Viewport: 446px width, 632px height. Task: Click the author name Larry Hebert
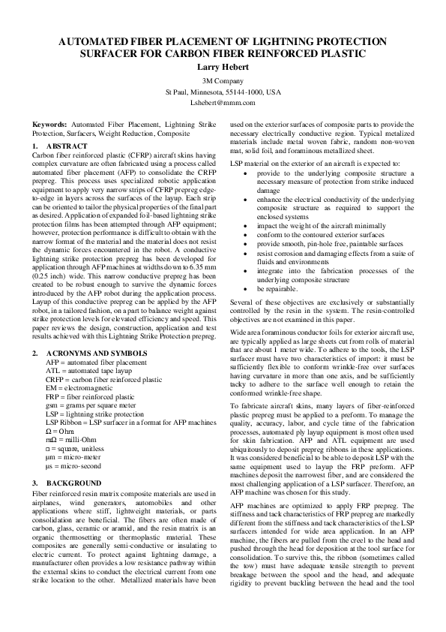pos(223,68)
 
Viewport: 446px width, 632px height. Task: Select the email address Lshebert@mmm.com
pos(223,102)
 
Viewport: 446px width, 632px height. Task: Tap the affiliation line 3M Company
pos(223,80)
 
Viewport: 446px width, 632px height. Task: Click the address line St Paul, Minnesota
pos(223,91)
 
